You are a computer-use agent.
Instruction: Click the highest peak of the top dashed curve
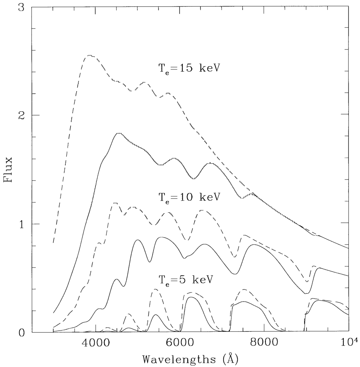tap(90, 55)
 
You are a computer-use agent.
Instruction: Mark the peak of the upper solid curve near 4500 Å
tap(119, 133)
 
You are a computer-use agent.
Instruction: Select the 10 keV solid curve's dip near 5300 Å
tap(150, 262)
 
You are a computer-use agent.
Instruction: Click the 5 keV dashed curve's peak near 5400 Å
tap(155, 289)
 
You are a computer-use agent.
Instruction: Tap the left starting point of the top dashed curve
tap(53, 242)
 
